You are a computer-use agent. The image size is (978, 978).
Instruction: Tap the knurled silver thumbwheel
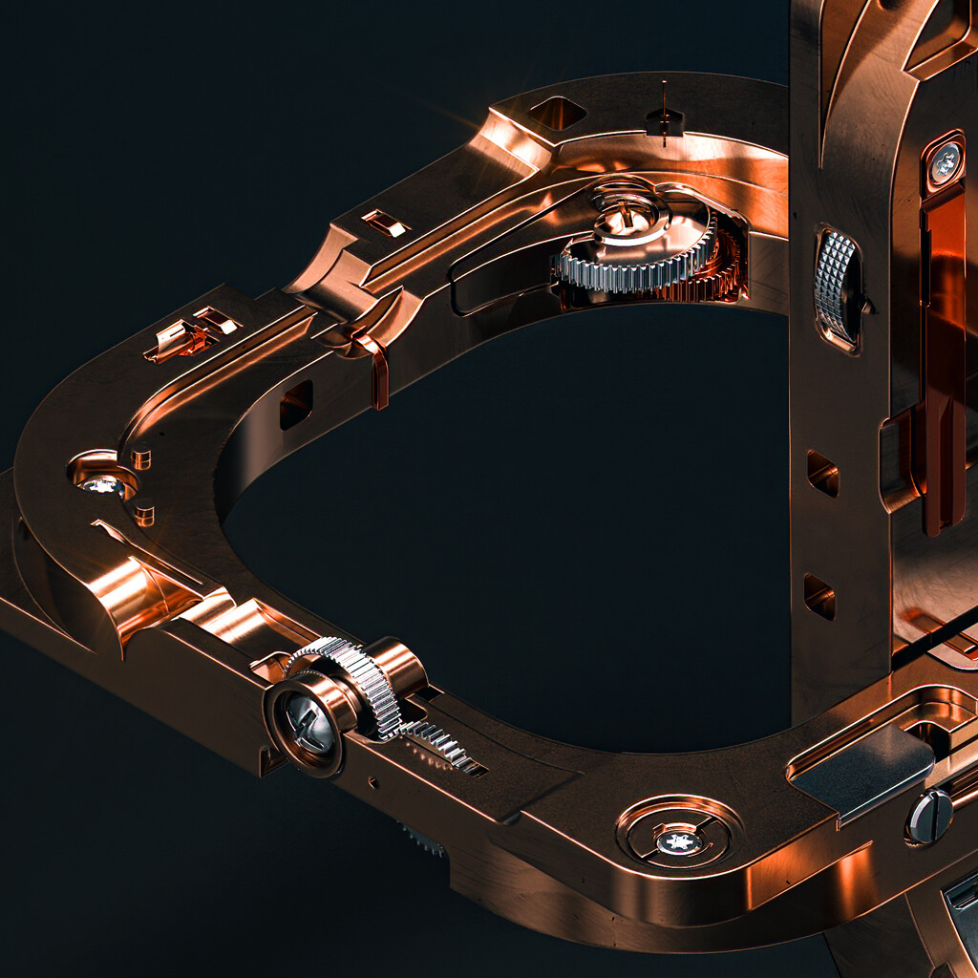click(x=838, y=287)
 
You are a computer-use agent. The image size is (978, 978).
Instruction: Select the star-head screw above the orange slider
click(x=944, y=163)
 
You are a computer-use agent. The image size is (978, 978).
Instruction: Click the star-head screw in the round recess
click(x=680, y=840)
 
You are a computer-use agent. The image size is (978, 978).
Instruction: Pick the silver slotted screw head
click(x=929, y=817)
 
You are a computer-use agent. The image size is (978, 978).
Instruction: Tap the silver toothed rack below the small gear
click(x=441, y=744)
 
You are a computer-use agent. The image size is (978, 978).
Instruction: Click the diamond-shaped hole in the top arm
click(x=558, y=113)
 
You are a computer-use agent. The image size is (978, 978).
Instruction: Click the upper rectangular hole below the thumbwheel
click(x=820, y=473)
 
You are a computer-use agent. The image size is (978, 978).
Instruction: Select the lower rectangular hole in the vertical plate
click(x=819, y=596)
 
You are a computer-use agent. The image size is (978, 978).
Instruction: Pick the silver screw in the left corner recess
click(x=101, y=484)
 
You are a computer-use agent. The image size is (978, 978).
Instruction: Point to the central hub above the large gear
click(x=625, y=217)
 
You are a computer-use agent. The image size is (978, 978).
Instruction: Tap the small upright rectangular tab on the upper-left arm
click(x=386, y=223)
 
